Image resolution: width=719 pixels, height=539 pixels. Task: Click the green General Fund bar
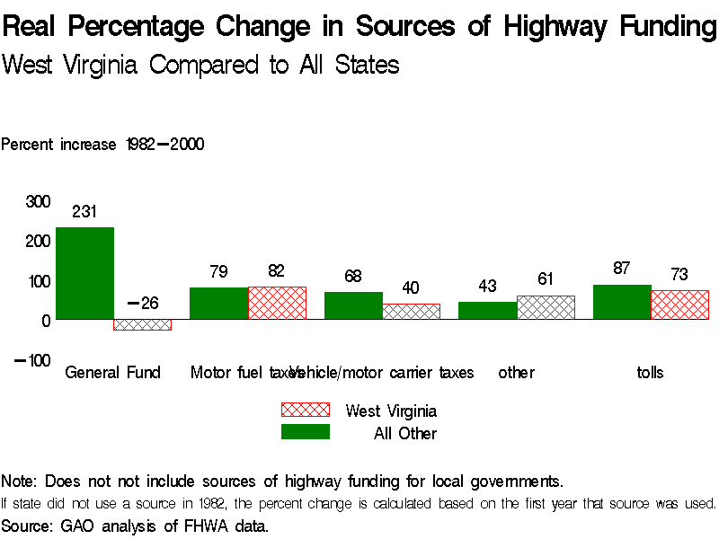pos(84,273)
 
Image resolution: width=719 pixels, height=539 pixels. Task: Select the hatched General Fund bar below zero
pos(142,324)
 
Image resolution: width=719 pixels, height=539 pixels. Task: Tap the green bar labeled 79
pos(218,304)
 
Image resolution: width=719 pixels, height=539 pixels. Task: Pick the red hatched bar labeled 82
pos(277,303)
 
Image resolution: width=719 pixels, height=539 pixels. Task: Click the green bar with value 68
pos(353,305)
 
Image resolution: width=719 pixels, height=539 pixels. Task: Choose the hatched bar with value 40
pos(412,311)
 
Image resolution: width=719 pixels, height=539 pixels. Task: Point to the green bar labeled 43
pos(487,310)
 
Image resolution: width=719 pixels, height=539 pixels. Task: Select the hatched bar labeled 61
pos(546,307)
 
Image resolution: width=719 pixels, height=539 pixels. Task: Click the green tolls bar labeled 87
pos(622,302)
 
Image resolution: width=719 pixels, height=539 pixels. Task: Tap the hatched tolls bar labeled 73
pos(680,305)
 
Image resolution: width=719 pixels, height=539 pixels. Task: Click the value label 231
pos(84,212)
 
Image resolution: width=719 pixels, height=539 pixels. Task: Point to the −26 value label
pos(143,303)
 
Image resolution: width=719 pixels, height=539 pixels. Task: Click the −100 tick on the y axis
pos(32,360)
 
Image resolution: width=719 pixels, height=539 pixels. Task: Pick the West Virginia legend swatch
pos(306,410)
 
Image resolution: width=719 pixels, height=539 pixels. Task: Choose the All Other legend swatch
pos(306,432)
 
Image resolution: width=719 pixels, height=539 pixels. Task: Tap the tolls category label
pos(650,372)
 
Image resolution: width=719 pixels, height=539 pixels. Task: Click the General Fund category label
pos(112,372)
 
